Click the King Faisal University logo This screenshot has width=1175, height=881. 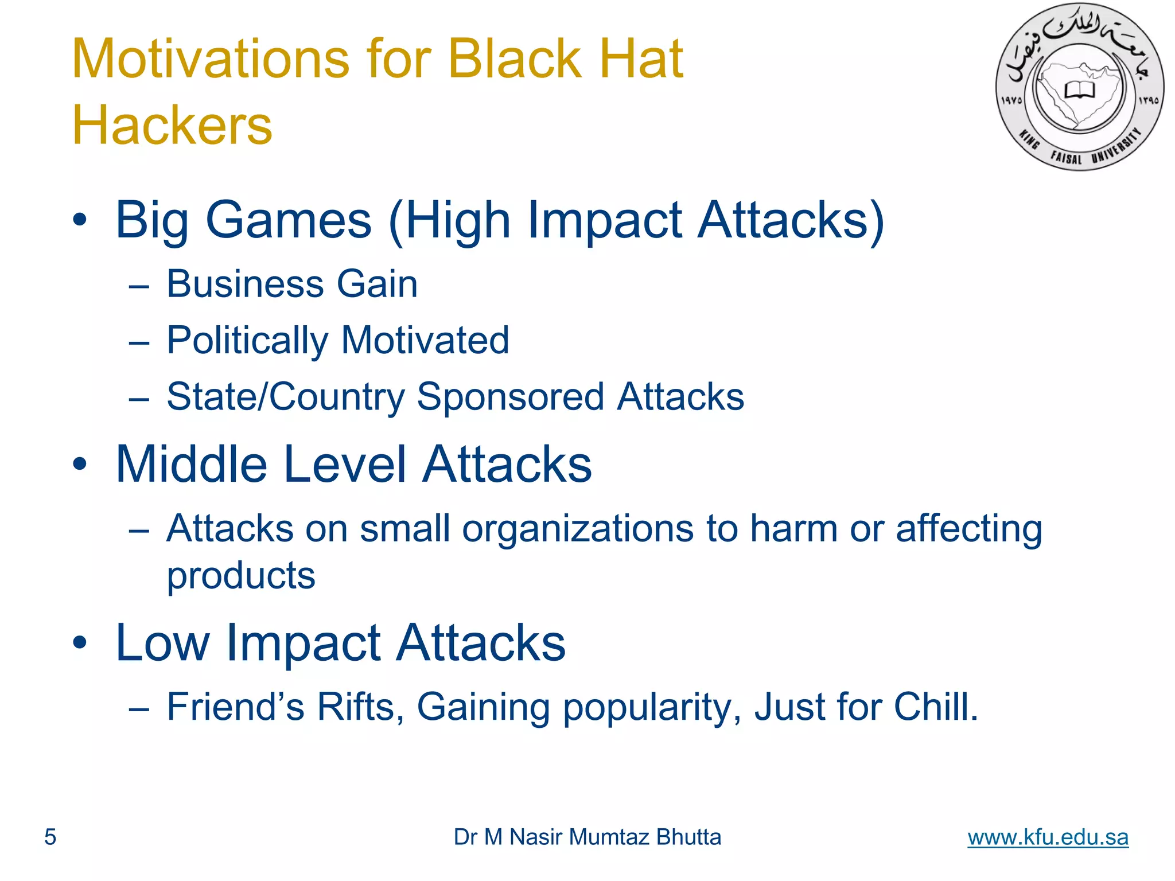click(1080, 87)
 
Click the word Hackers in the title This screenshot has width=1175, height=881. click(172, 126)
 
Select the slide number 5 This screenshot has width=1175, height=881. click(50, 837)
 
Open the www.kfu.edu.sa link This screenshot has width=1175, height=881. click(1048, 837)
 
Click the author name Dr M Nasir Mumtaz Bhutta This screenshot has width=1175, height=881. click(587, 837)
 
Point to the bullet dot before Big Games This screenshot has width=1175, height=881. click(80, 220)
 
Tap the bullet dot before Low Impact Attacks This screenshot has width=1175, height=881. click(80, 642)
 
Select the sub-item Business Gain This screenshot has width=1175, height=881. click(291, 284)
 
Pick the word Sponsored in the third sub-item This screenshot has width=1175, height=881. click(510, 397)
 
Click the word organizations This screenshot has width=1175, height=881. click(578, 529)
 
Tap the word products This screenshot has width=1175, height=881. click(241, 576)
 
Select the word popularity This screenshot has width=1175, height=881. click(651, 708)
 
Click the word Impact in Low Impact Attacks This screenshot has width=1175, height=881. click(304, 644)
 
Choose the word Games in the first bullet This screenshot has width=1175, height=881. click(289, 220)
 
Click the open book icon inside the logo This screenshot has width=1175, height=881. click(1080, 90)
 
